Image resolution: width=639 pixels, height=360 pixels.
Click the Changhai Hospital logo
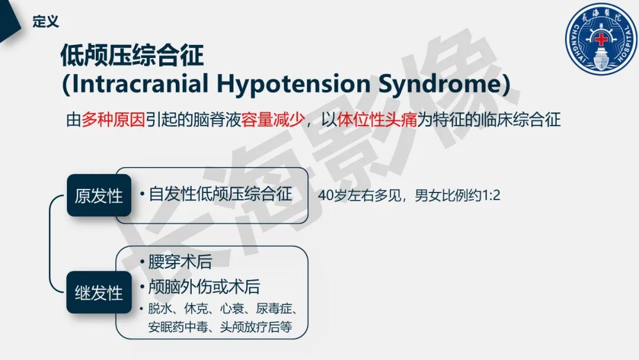[600, 41]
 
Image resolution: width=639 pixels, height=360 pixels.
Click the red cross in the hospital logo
[601, 40]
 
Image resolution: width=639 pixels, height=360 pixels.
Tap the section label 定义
[46, 22]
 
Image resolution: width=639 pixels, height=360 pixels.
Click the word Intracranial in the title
[140, 84]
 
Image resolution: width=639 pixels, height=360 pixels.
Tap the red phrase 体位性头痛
[377, 120]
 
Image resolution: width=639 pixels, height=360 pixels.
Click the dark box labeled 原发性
[99, 196]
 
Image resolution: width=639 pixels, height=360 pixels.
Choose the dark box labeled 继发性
[99, 292]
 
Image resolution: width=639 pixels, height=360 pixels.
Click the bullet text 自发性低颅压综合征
[220, 194]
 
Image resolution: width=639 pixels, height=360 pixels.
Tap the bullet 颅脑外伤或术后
[204, 287]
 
